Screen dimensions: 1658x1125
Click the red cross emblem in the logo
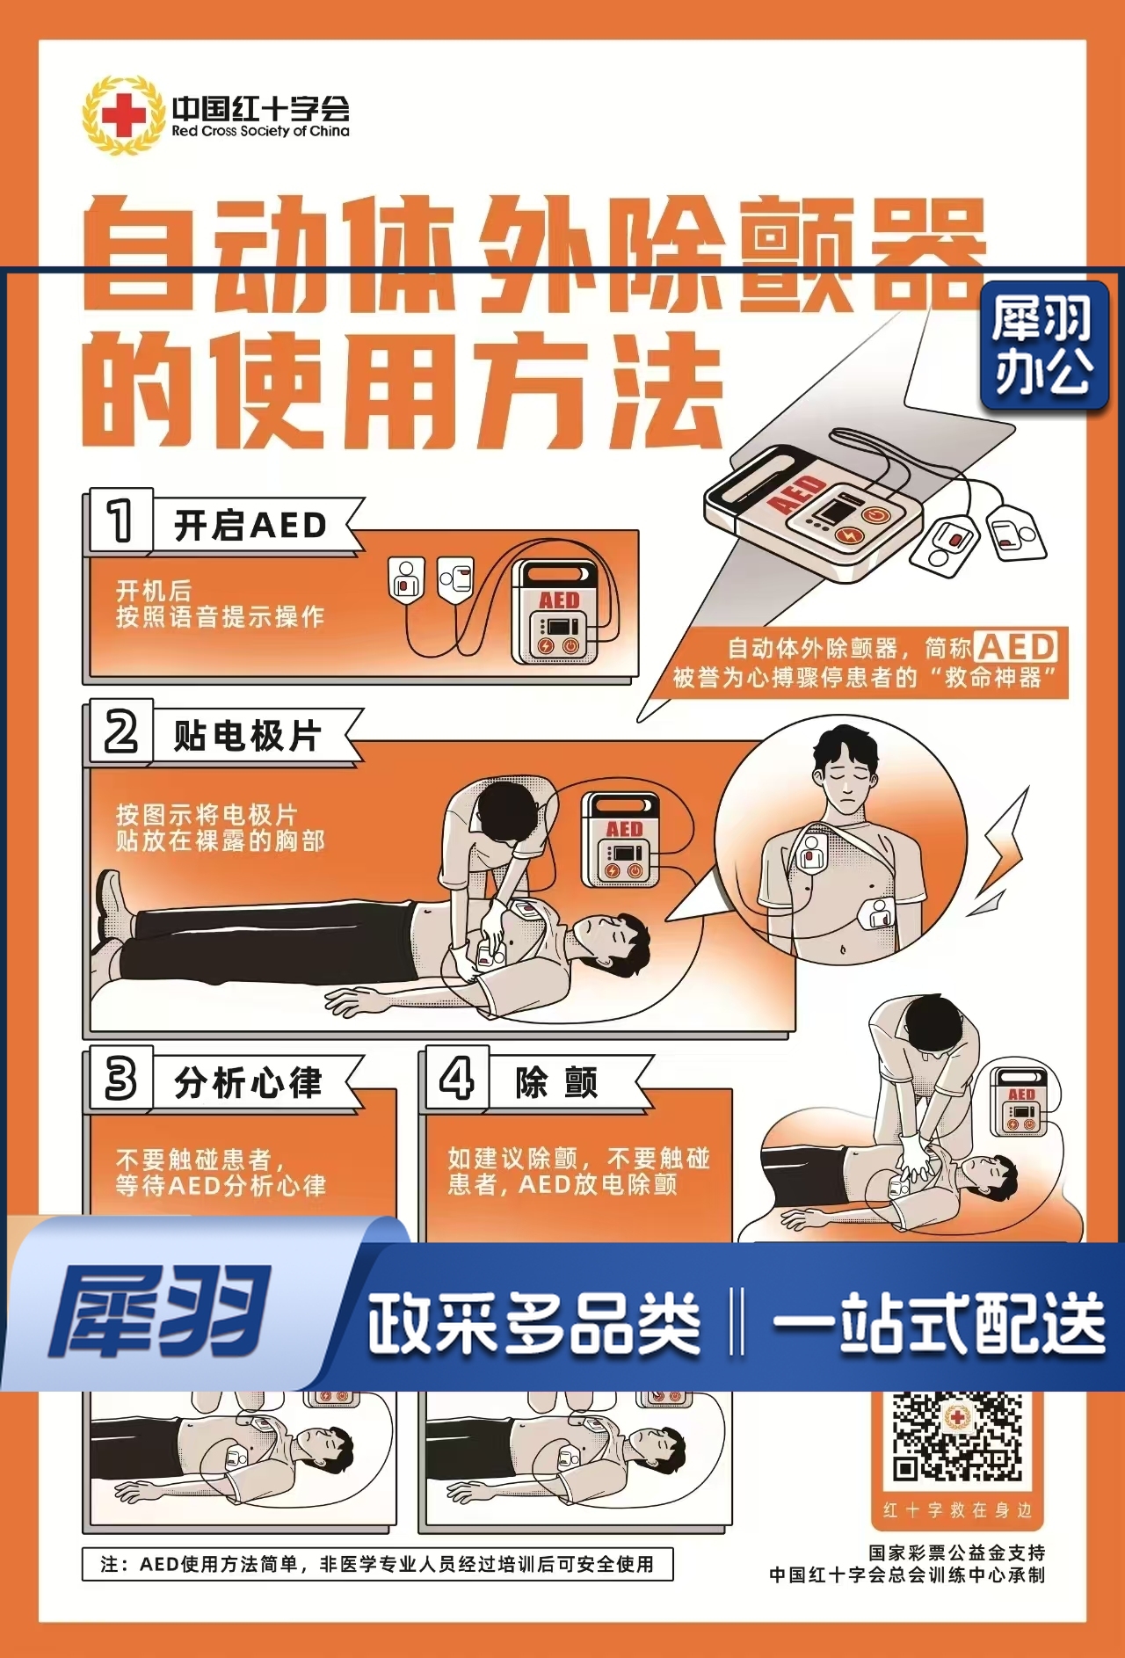pos(123,115)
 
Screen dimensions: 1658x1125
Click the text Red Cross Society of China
pos(260,131)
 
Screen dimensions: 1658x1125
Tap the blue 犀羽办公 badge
pos(1043,345)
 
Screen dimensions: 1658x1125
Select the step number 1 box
pos(120,520)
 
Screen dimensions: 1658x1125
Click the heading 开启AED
pos(250,526)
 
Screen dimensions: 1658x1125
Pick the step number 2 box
pos(120,731)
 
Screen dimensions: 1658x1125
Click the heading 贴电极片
pos(248,735)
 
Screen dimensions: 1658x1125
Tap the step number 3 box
pos(120,1078)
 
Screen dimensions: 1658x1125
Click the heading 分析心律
pos(249,1082)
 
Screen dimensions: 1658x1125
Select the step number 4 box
pos(456,1078)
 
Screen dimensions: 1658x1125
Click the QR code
pos(957,1435)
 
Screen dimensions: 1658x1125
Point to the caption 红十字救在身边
pos(957,1510)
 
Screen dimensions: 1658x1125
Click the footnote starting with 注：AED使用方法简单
pos(378,1564)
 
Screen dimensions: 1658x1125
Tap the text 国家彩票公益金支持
pos(956,1553)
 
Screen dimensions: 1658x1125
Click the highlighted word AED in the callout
pos(1016,647)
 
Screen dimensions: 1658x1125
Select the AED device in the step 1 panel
pos(558,613)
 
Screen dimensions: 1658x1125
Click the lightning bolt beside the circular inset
pos(1005,844)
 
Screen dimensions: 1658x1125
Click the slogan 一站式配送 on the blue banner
pos(938,1323)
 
